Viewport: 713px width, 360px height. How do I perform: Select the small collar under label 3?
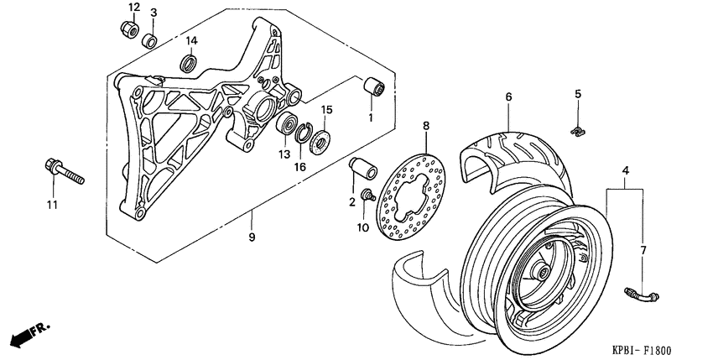pos(150,39)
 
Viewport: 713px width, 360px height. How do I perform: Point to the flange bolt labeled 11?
pos(62,174)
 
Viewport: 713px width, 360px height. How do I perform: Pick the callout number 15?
pos(327,109)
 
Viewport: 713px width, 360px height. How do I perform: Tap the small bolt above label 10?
pos(367,196)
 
